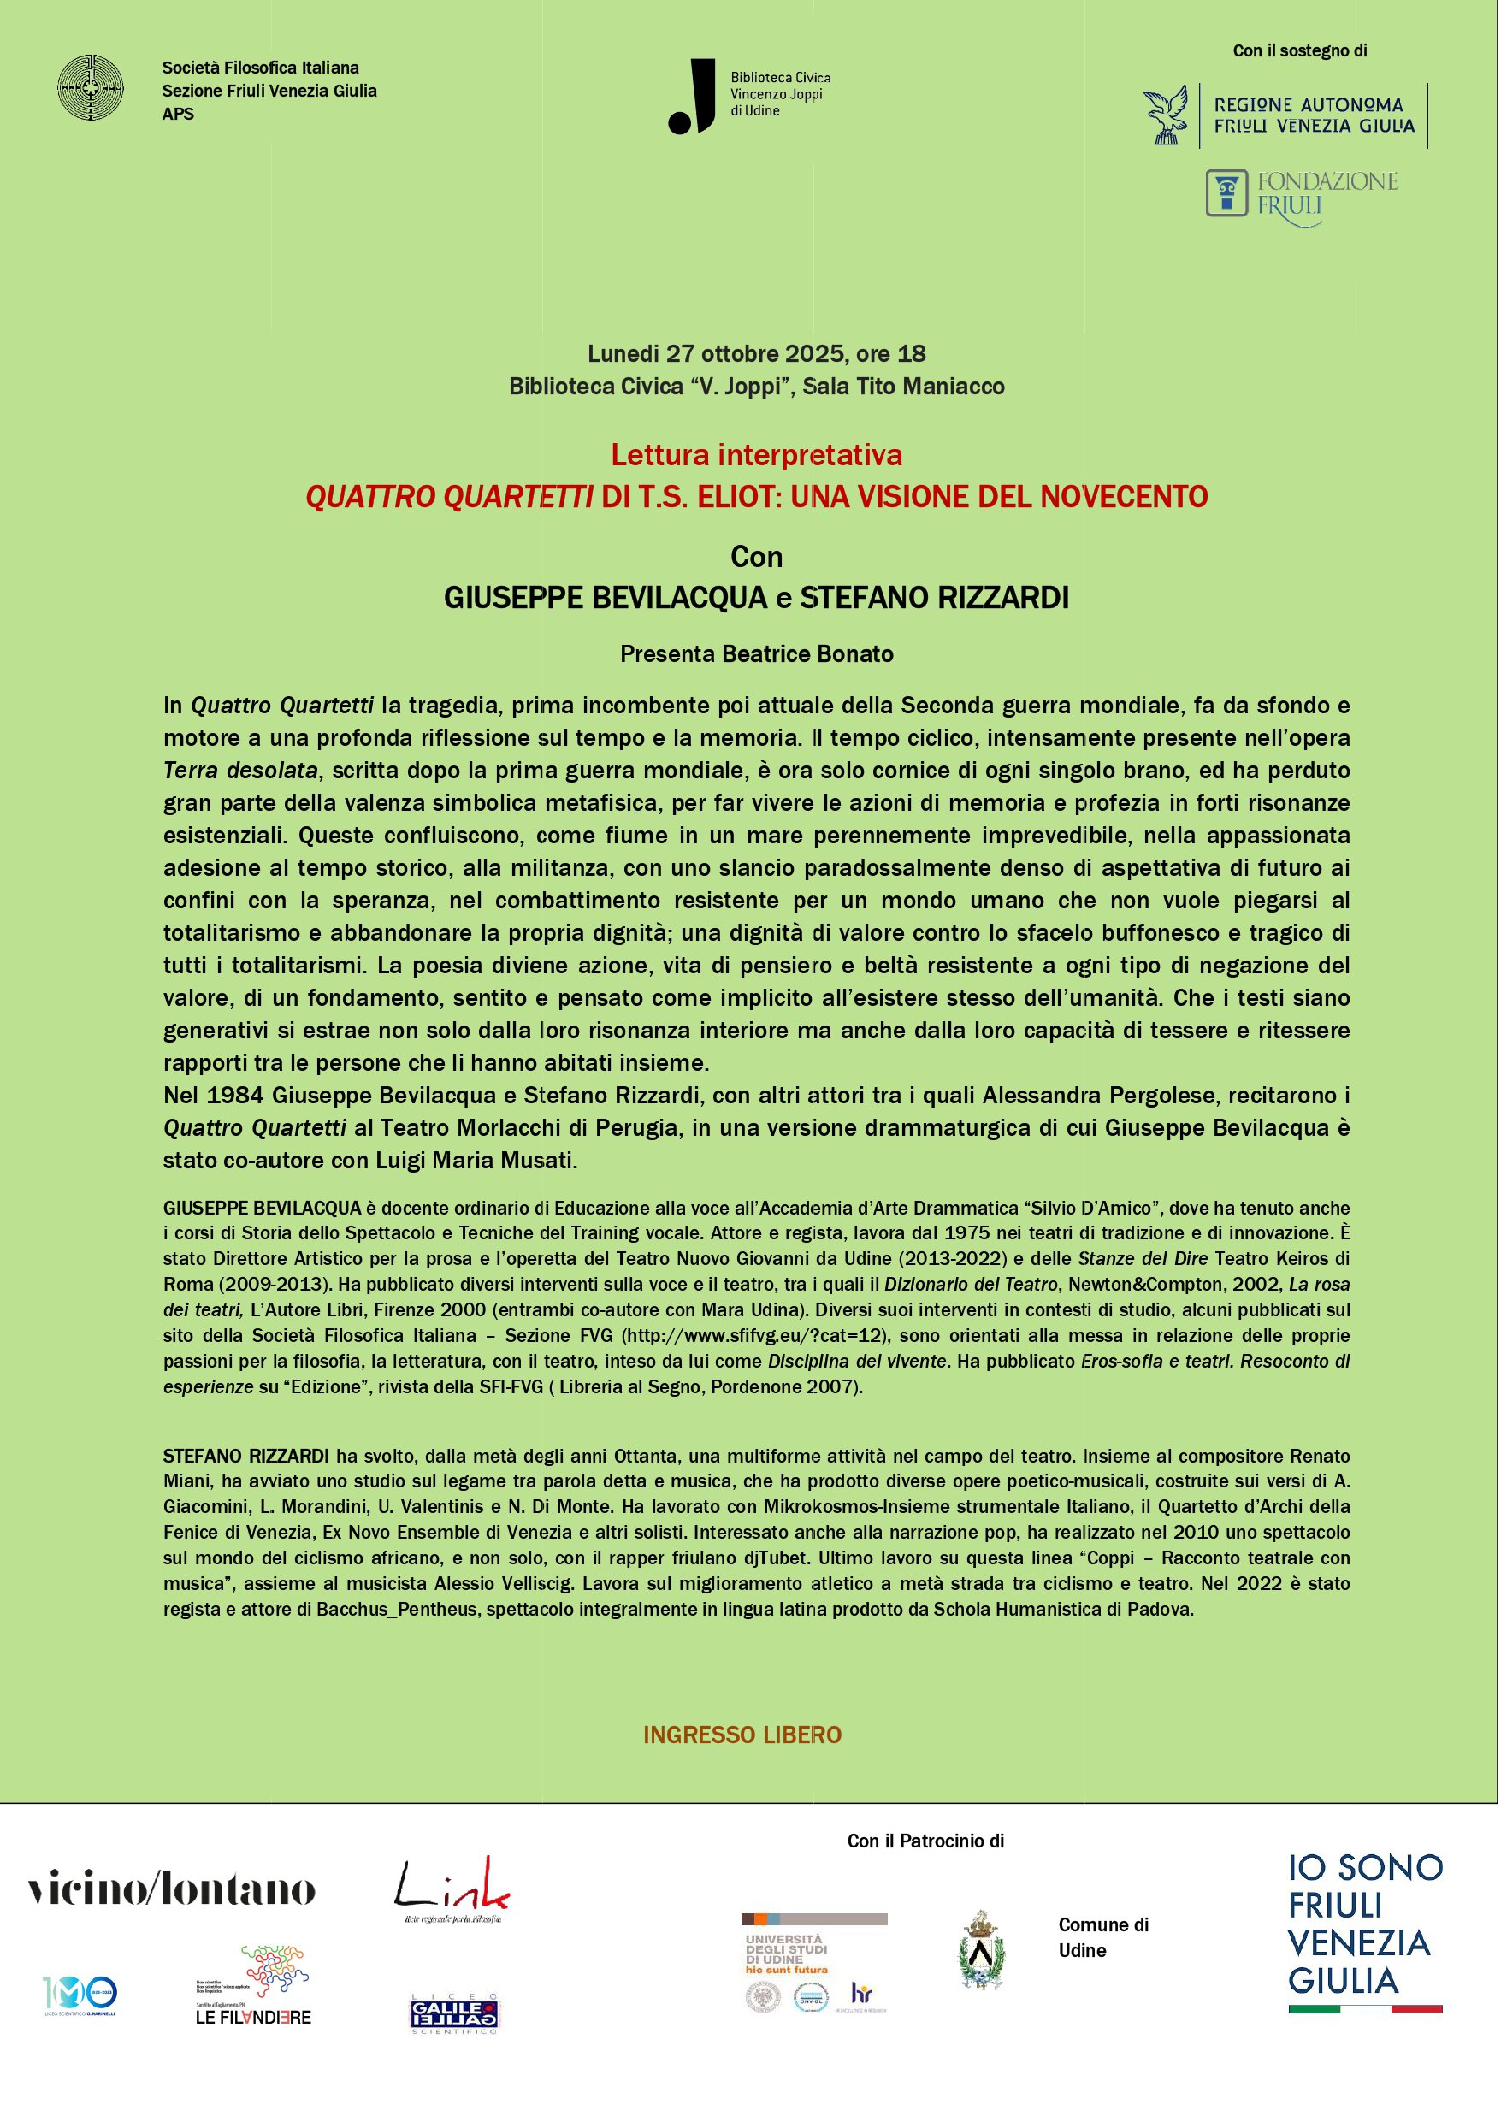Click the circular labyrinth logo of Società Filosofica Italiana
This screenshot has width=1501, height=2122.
90,88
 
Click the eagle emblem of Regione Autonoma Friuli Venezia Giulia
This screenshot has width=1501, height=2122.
1167,115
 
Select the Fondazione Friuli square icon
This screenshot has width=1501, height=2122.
1226,193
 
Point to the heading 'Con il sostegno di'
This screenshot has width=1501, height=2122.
1299,50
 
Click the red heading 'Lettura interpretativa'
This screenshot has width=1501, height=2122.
756,455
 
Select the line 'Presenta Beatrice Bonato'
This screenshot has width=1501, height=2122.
756,654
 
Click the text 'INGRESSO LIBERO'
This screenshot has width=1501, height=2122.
742,1735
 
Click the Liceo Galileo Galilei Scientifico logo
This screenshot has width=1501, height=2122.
454,2013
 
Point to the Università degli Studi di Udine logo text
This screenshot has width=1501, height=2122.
786,1954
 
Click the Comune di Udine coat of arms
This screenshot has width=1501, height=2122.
981,1951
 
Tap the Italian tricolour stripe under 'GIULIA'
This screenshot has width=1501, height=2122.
1364,2009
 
